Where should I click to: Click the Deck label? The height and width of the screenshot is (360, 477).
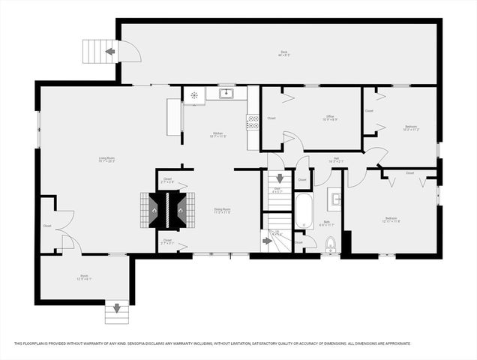pyautogui.click(x=284, y=53)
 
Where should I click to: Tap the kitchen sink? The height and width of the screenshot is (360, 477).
pyautogui.click(x=226, y=94)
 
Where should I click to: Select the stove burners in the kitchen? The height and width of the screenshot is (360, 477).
pyautogui.click(x=253, y=121)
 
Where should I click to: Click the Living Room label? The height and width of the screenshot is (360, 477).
pyautogui.click(x=106, y=158)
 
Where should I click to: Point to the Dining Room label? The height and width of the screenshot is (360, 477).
pyautogui.click(x=221, y=210)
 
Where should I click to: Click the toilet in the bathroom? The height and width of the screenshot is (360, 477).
pyautogui.click(x=330, y=242)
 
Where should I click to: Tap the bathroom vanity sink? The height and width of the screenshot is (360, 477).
pyautogui.click(x=335, y=199)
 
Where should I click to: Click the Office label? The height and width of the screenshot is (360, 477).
pyautogui.click(x=330, y=117)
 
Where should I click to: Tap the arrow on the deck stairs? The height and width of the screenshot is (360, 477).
pyautogui.click(x=110, y=52)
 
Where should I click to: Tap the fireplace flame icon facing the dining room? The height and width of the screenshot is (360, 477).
pyautogui.click(x=181, y=210)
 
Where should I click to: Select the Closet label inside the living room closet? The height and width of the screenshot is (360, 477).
pyautogui.click(x=46, y=225)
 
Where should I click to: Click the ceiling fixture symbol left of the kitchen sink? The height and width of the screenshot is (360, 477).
pyautogui.click(x=194, y=95)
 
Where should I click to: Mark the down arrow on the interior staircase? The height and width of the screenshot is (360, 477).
pyautogui.click(x=280, y=178)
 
